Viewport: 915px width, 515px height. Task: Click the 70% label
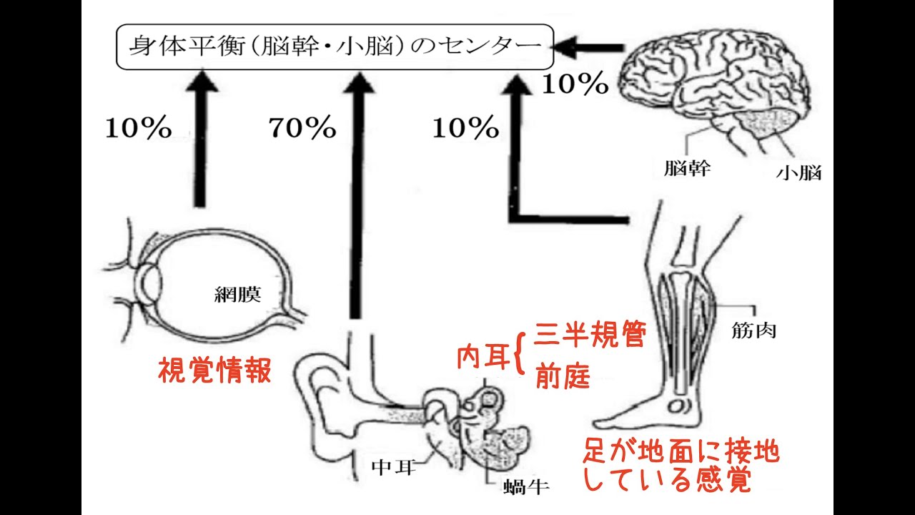(302, 129)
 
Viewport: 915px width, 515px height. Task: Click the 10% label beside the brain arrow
(574, 85)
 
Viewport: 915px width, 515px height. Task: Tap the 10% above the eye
(139, 129)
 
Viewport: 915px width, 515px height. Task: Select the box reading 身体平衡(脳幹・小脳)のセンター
(335, 47)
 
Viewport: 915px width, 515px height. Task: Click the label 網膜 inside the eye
(238, 294)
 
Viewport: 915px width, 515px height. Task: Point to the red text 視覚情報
(214, 371)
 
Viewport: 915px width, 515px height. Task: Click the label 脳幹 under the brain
(687, 170)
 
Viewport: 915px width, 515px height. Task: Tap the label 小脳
(798, 172)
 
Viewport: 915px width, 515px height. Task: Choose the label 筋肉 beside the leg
(753, 330)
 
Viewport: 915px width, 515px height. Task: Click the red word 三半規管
(590, 335)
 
